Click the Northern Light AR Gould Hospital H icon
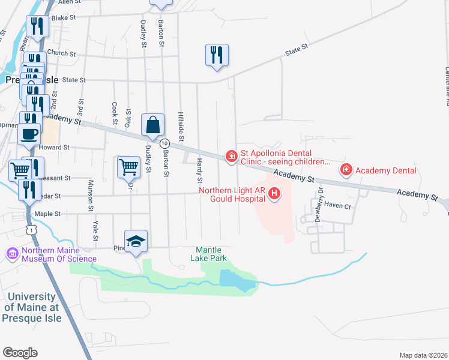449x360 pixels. (274, 194)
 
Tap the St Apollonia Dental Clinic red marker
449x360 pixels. (231, 157)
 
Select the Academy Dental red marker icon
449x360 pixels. (346, 170)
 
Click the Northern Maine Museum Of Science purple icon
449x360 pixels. (13, 254)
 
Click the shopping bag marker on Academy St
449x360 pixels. (153, 125)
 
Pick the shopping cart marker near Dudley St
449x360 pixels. (128, 167)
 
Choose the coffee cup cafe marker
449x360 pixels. (29, 134)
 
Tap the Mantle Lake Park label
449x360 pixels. (209, 254)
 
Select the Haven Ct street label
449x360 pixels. (337, 205)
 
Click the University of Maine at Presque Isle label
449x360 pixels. (32, 307)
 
